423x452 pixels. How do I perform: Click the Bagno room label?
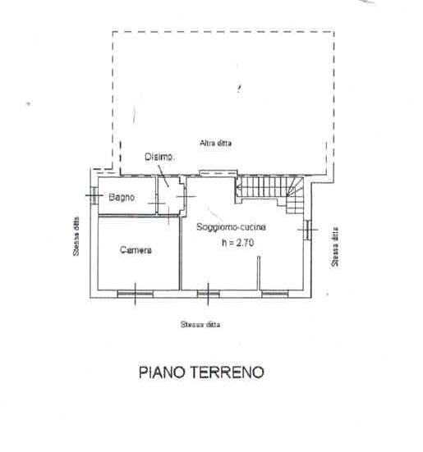pyautogui.click(x=122, y=197)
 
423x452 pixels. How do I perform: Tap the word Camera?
pyautogui.click(x=136, y=250)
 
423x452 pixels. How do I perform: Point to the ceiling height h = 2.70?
pyautogui.click(x=238, y=243)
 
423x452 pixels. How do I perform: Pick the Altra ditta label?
pyautogui.click(x=215, y=143)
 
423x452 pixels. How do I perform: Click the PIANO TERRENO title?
pyautogui.click(x=201, y=372)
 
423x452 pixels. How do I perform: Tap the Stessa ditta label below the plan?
pyautogui.click(x=200, y=324)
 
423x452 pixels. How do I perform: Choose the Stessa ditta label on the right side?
pyautogui.click(x=335, y=248)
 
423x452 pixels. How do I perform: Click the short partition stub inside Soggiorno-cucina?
pyautogui.click(x=259, y=272)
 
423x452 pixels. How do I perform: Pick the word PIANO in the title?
pyautogui.click(x=161, y=372)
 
